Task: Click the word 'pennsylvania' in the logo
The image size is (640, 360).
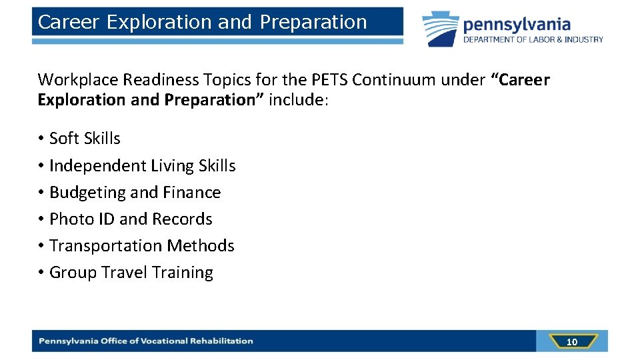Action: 517,25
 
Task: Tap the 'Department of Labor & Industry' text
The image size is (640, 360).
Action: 533,40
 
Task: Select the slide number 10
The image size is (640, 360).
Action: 571,342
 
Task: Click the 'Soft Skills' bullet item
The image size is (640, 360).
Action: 85,139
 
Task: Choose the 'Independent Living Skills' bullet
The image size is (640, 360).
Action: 142,165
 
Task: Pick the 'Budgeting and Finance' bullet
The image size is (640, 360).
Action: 135,192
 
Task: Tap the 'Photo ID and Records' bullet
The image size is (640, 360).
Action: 131,219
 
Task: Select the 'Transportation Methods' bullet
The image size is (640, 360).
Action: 141,245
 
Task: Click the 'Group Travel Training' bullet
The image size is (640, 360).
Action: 131,273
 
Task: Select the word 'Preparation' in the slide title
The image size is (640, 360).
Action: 313,22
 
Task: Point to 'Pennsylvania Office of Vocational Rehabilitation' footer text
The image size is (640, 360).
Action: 146,341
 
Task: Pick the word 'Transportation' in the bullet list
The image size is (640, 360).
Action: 106,245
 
